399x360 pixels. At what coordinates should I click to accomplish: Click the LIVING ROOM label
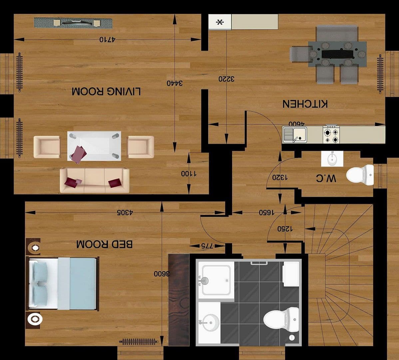tap(106, 91)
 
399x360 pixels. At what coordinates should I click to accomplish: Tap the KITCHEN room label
tap(305, 104)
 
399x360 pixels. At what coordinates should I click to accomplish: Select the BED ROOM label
tap(104, 244)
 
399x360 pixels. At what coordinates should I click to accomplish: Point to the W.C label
tap(326, 178)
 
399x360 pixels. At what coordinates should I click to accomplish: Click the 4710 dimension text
tap(107, 39)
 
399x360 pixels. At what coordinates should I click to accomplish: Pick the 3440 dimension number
tap(175, 83)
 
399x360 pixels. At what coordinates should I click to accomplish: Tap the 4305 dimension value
tap(125, 212)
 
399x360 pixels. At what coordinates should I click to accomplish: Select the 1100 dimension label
tap(189, 173)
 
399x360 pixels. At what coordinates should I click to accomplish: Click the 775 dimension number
tap(207, 246)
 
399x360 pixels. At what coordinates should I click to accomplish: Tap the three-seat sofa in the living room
tap(95, 180)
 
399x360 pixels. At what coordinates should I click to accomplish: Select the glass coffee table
tap(94, 146)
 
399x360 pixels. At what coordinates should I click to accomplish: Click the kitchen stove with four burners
tap(331, 135)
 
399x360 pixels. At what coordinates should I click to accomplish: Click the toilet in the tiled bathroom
tap(281, 319)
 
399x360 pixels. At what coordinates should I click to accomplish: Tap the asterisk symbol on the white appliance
tap(219, 22)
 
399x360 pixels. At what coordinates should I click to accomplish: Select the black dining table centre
tap(337, 54)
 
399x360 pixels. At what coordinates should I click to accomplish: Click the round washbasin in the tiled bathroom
tap(210, 322)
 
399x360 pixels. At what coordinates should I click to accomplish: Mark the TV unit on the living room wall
tap(73, 23)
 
